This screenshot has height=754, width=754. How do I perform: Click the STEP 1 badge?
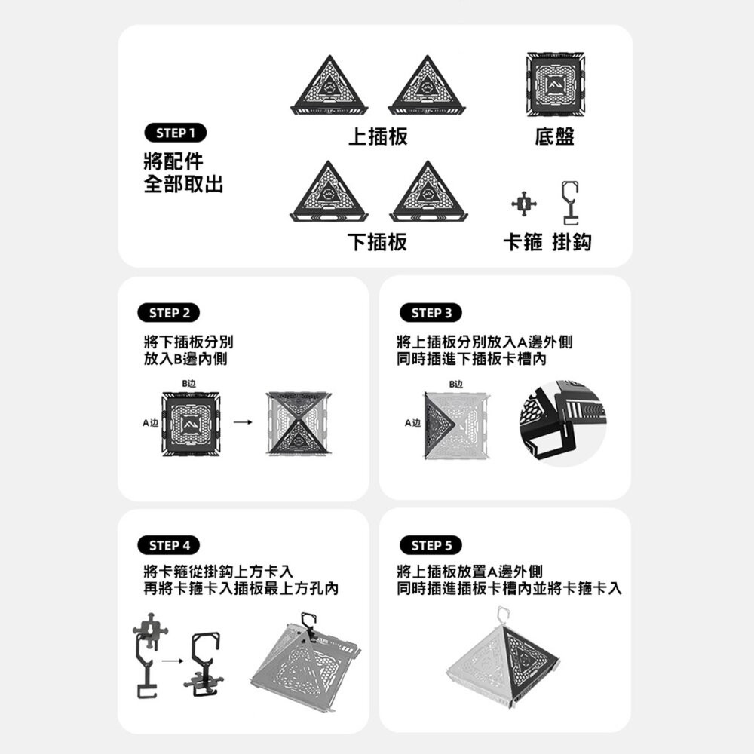[x=175, y=133]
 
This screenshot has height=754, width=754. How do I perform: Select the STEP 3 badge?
[x=432, y=313]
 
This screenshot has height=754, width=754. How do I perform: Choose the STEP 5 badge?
[x=432, y=545]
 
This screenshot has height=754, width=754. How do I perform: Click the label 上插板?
[x=378, y=136]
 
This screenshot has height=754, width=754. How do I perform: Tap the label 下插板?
[x=377, y=242]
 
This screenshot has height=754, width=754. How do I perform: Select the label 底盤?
[x=554, y=136]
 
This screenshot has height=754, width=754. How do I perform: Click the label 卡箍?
[x=523, y=242]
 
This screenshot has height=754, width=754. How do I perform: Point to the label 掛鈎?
[x=572, y=242]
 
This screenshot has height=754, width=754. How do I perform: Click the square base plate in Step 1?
[x=555, y=84]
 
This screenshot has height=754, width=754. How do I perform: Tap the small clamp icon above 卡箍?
[x=524, y=204]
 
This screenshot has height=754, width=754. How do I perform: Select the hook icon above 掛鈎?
[x=570, y=202]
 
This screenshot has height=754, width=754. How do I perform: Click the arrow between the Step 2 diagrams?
[x=243, y=422]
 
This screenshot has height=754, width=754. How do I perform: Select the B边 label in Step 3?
[x=455, y=384]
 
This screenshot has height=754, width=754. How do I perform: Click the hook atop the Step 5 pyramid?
[x=501, y=615]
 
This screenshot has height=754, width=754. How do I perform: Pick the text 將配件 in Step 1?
[x=173, y=160]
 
